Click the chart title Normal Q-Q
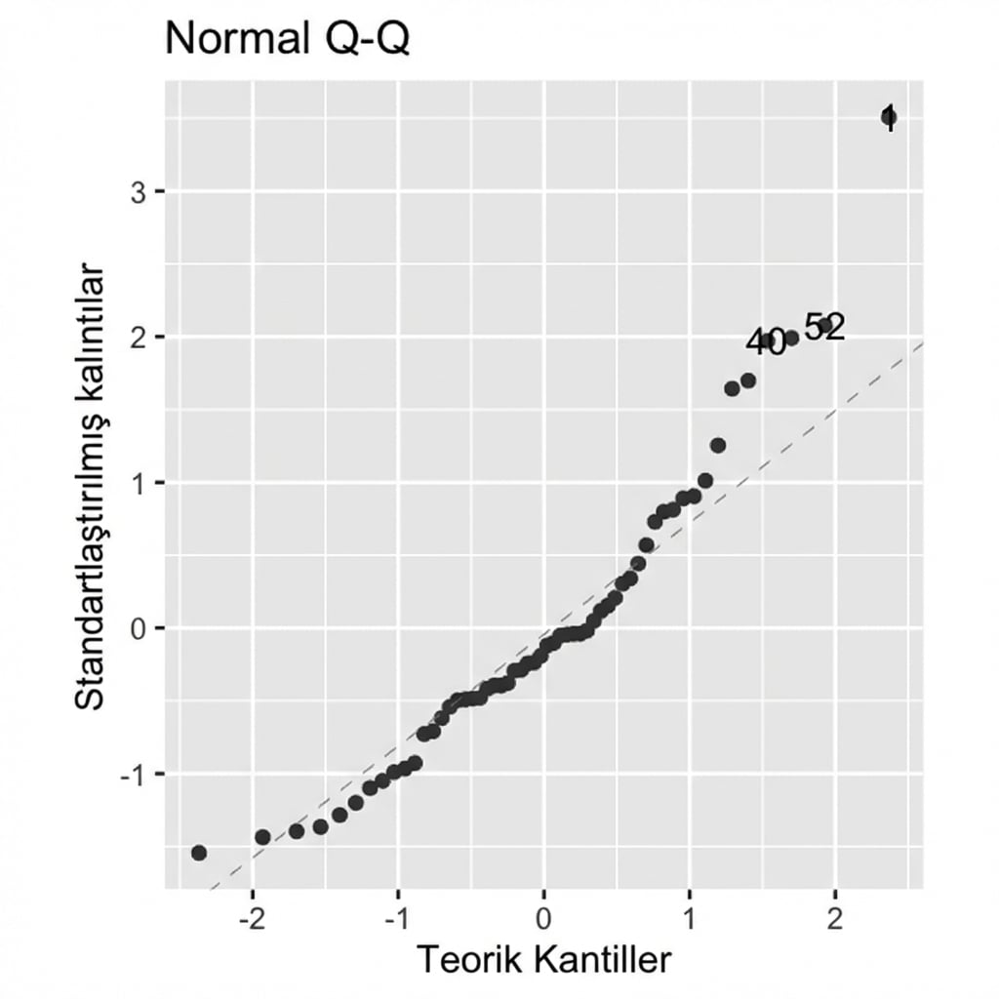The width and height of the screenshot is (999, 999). (x=287, y=40)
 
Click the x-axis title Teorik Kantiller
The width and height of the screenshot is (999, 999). (x=544, y=960)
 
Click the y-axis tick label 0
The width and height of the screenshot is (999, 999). (x=140, y=628)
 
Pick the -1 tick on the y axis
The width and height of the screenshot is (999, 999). (x=134, y=774)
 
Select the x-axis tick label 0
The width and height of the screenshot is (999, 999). (x=544, y=919)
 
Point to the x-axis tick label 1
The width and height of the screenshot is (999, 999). (x=690, y=919)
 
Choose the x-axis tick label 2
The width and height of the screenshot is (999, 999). (x=835, y=919)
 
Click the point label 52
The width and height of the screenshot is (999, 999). (x=824, y=328)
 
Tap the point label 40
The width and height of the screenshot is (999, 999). (x=766, y=342)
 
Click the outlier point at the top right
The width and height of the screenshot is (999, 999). (x=889, y=118)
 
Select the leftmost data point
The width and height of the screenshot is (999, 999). (x=199, y=853)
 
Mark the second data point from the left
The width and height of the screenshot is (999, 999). (x=262, y=837)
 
